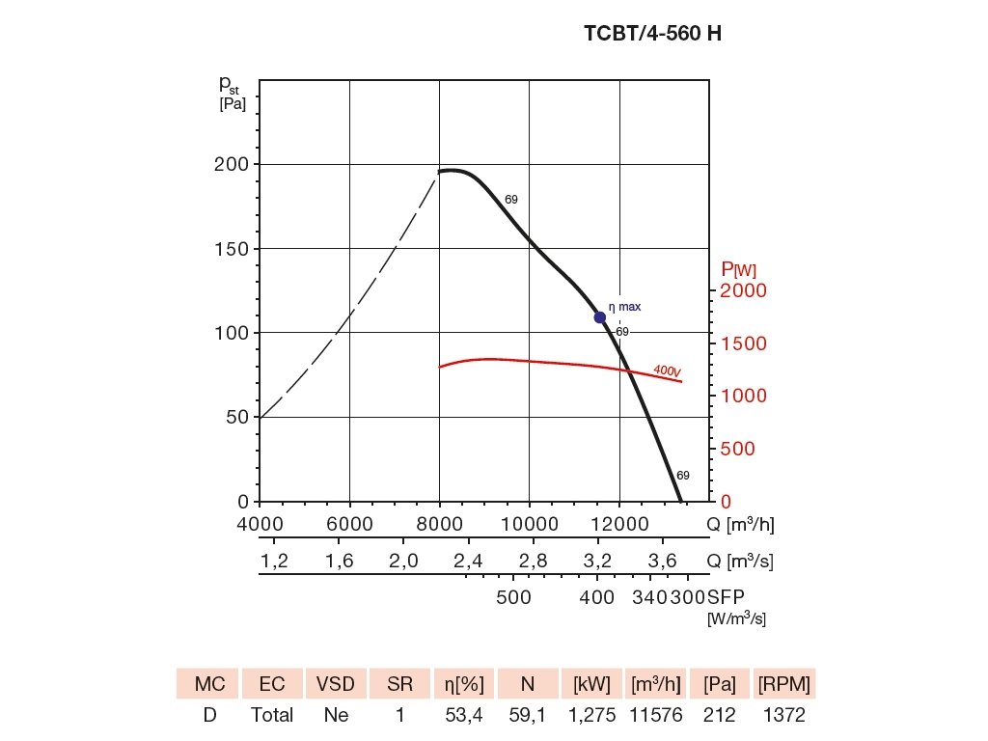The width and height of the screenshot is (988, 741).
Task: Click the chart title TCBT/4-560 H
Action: pos(652,33)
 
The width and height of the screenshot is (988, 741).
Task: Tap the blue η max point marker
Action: pos(599,317)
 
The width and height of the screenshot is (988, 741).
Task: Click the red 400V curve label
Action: pos(667,370)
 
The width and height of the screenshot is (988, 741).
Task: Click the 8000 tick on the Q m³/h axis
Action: pos(439,524)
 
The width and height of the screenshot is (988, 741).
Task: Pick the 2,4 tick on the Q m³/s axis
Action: pos(468,561)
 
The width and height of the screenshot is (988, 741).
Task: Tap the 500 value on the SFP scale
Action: pos(513,597)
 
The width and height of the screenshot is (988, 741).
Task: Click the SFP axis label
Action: pos(727,597)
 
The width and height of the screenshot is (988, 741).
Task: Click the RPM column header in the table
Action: pos(784,684)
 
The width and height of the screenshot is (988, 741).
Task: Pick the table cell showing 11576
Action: pos(655,716)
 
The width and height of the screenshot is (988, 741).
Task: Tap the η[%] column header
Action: pos(463,684)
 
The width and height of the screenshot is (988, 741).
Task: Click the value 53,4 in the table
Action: pos(463,716)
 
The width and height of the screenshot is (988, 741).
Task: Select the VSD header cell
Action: pos(336,684)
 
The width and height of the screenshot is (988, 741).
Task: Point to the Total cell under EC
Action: pos(272,716)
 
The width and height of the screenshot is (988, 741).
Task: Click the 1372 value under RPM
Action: pos(784,716)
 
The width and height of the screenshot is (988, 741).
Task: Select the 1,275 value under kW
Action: pos(590,716)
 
